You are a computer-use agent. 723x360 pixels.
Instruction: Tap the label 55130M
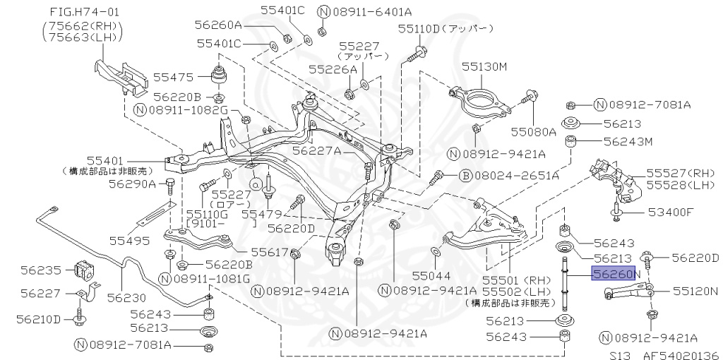(x=485, y=66)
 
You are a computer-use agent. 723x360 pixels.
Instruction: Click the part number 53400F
(x=671, y=211)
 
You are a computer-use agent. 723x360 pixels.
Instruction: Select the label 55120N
(x=695, y=290)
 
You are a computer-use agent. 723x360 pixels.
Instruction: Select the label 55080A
(x=534, y=131)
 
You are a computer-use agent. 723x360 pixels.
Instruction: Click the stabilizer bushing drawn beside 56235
(x=83, y=269)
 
